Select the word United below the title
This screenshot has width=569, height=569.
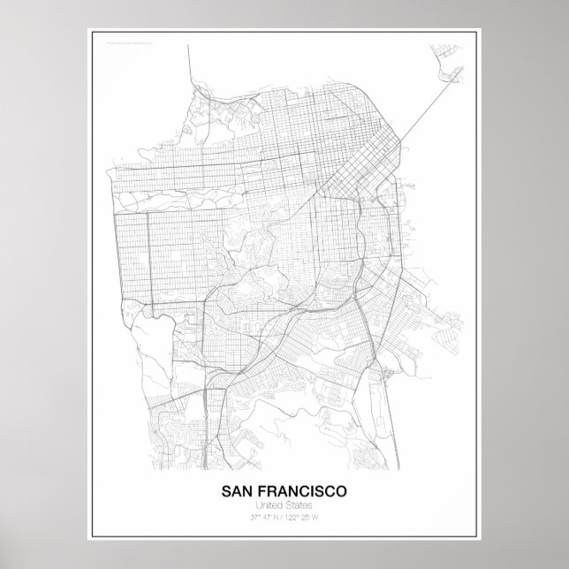coord(269,505)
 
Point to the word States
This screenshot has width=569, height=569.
coord(300,505)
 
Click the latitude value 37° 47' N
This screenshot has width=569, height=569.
coord(262,517)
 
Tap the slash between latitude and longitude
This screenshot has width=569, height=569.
coord(283,517)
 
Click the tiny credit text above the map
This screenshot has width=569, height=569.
coord(129,41)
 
